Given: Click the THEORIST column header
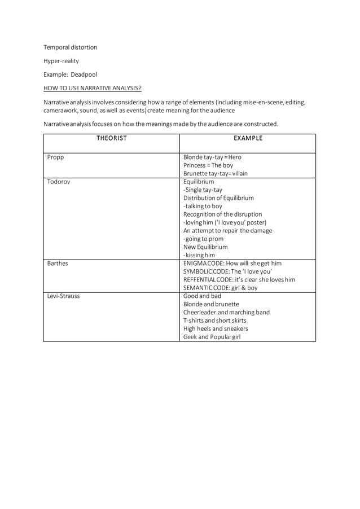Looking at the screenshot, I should pyautogui.click(x=111, y=138).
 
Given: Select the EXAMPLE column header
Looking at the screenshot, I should pyautogui.click(x=248, y=138).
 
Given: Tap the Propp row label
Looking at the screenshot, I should pyautogui.click(x=56, y=157).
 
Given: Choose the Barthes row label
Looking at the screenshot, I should pyautogui.click(x=58, y=264).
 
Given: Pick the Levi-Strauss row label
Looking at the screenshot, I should pyautogui.click(x=63, y=296).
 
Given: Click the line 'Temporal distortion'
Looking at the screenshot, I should pyautogui.click(x=71, y=47).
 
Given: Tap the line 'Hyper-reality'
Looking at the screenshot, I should pyautogui.click(x=62, y=61).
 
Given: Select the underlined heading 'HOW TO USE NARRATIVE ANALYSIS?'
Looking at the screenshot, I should pyautogui.click(x=93, y=88).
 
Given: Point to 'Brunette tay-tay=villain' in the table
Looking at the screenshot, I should pyautogui.click(x=216, y=174).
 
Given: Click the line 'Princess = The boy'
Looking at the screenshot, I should pyautogui.click(x=208, y=165).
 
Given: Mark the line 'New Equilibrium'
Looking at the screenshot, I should pyautogui.click(x=205, y=247).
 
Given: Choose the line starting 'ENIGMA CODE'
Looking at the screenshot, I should pyautogui.click(x=232, y=264).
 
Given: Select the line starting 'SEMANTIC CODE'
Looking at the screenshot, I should pyautogui.click(x=220, y=288).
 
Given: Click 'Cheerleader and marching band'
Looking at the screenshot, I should pyautogui.click(x=226, y=313).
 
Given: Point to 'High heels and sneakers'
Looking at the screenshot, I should pyautogui.click(x=216, y=328).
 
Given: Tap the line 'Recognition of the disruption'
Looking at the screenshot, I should pyautogui.click(x=222, y=214).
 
